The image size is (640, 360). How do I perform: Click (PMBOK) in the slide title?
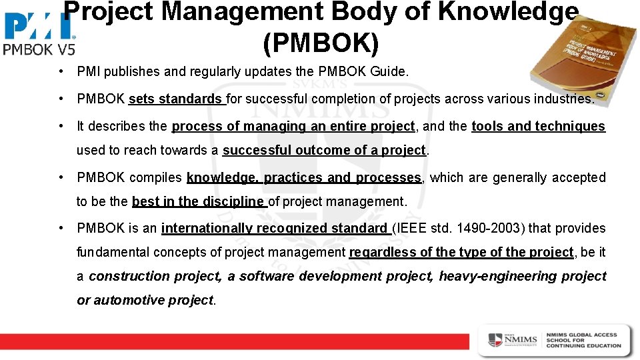[x=321, y=43]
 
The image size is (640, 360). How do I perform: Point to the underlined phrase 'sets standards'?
[x=176, y=99]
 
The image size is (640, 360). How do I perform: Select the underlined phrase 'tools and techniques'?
[x=538, y=126]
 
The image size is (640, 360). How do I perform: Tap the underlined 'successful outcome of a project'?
[x=324, y=150]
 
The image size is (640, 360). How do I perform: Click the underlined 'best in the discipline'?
[x=198, y=201]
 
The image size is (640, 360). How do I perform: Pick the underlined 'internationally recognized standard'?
[x=274, y=228]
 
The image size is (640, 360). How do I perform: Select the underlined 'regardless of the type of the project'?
[x=461, y=252]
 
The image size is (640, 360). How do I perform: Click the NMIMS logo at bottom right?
[x=512, y=340]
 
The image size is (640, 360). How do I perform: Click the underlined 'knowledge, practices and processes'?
[x=304, y=177]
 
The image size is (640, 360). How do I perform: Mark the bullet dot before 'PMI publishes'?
[x=61, y=71]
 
